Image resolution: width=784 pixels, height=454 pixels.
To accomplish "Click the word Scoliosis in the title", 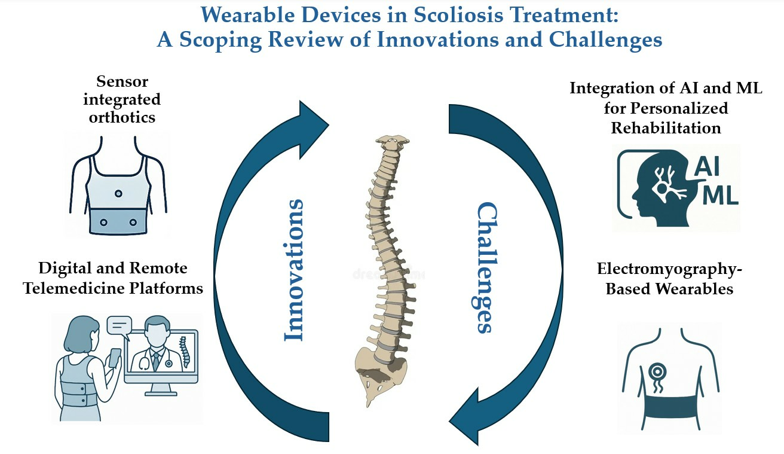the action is click(458, 16).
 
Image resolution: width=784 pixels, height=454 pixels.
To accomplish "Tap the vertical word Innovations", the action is click(293, 270).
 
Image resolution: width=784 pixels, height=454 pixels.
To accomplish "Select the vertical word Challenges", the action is click(487, 267).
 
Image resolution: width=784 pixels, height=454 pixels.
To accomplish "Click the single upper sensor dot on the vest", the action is click(118, 193).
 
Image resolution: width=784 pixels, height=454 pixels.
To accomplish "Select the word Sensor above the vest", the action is click(122, 81).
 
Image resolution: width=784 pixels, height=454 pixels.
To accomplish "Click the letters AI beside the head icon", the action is click(707, 166).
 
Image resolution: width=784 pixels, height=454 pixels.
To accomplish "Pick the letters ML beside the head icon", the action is click(720, 195).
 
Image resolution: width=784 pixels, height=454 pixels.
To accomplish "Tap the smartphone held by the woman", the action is click(115, 358).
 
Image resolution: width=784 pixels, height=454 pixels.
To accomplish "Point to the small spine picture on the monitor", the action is click(185, 352).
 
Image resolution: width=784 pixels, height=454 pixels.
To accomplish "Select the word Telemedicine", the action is click(73, 289).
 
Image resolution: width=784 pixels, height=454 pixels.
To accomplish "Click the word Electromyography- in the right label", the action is click(669, 269).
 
